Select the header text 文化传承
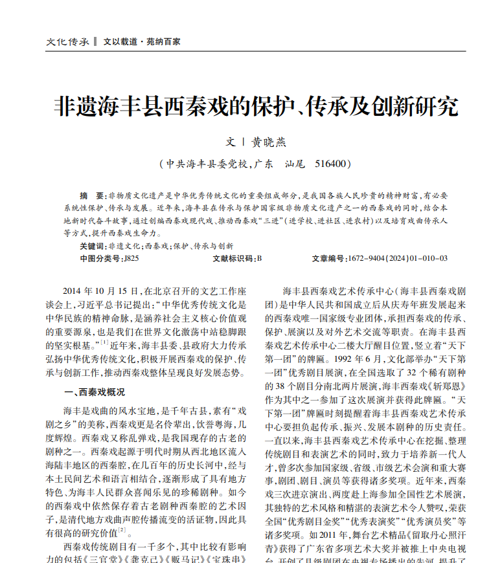(x=67, y=41)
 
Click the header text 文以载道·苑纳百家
(x=142, y=41)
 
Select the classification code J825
(x=130, y=258)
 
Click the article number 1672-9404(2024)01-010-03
(x=397, y=258)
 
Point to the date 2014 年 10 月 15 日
(x=101, y=292)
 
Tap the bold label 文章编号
(x=328, y=258)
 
